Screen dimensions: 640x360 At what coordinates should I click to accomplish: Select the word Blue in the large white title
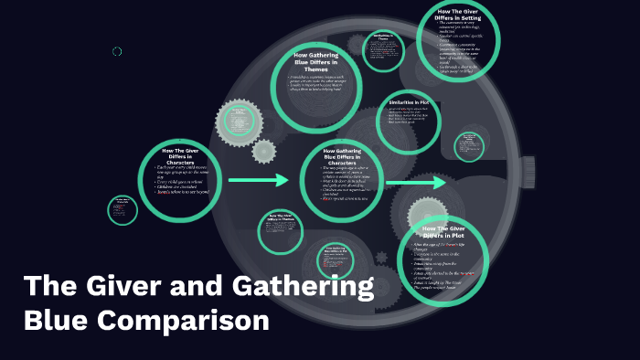(56, 322)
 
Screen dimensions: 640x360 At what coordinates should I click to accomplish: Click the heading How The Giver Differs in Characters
(181, 156)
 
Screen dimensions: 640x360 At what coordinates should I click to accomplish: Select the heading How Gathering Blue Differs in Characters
(342, 156)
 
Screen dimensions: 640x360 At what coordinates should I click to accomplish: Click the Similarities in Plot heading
(409, 102)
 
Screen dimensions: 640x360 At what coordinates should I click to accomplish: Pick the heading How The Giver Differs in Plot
(445, 230)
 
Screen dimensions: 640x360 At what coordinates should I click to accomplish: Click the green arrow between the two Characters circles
(259, 181)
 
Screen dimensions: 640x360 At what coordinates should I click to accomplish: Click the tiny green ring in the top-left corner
(117, 51)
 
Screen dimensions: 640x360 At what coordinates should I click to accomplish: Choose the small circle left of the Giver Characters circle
(122, 210)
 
